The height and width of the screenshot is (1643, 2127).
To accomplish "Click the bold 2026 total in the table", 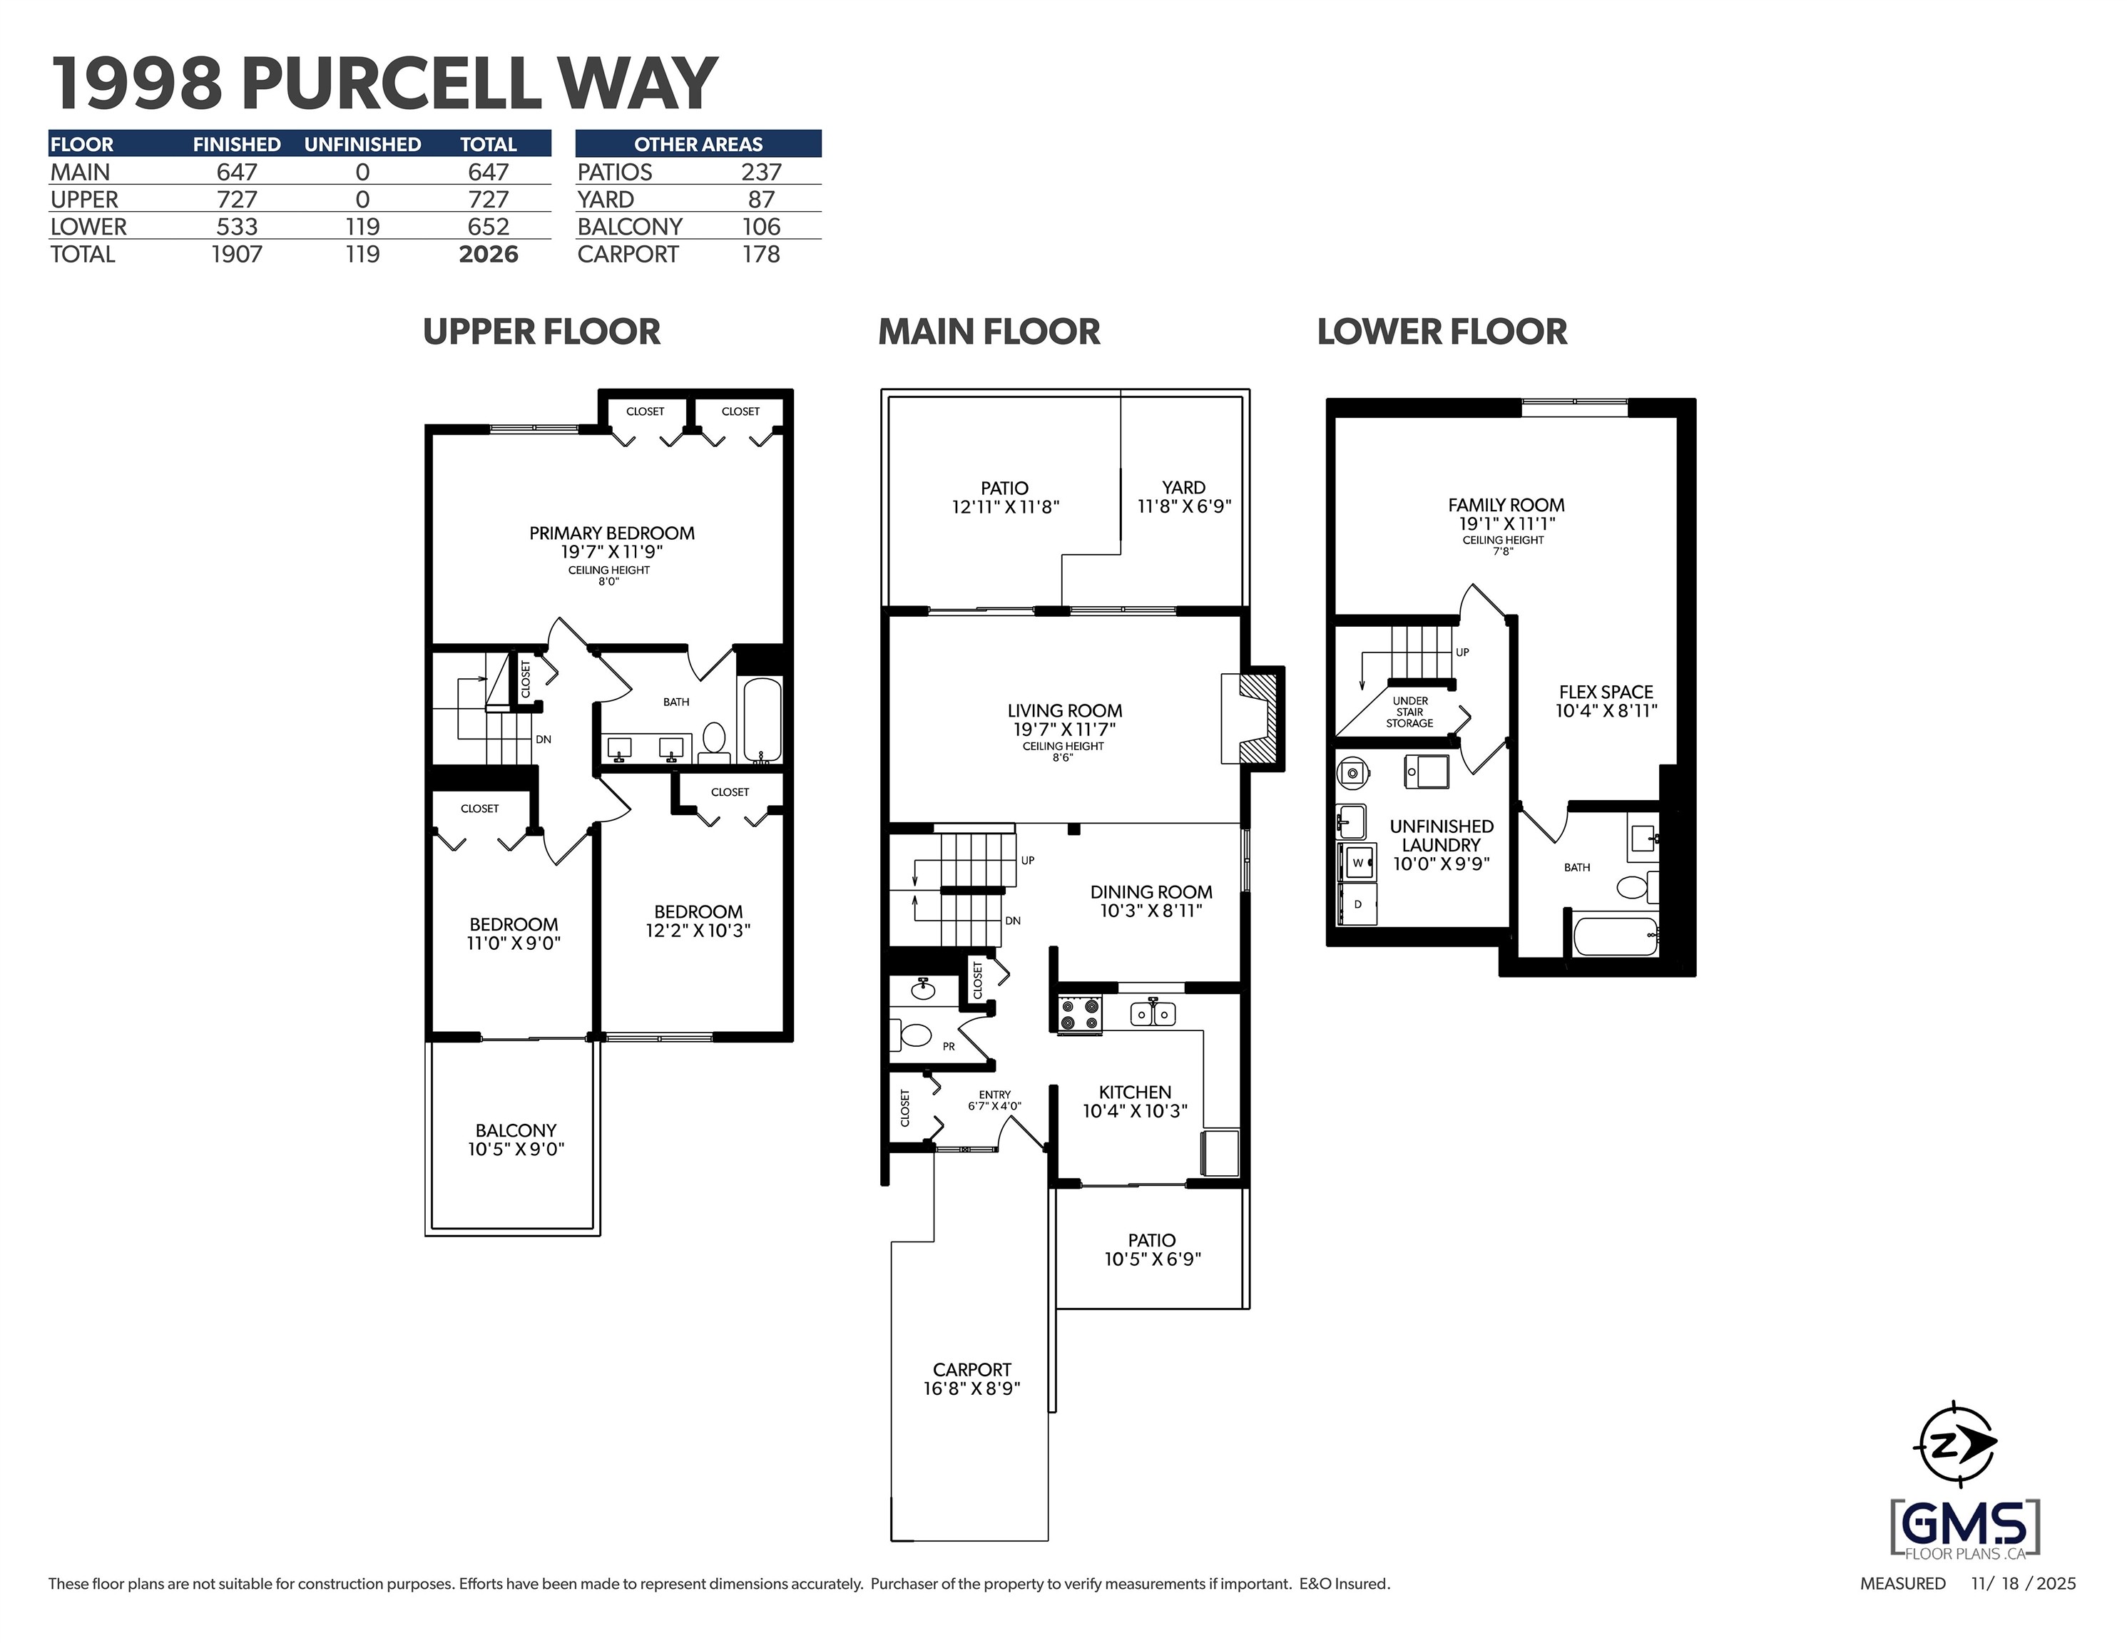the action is click(x=488, y=254).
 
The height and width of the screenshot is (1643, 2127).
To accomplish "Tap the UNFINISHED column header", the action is click(x=362, y=144).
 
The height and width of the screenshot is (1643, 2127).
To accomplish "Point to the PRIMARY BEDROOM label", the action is click(x=611, y=533).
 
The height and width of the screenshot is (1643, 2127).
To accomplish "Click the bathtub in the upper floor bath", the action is click(x=762, y=720).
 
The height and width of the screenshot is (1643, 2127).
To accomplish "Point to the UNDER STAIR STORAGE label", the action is click(x=1410, y=712).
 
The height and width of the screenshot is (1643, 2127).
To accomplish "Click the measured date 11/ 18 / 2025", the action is click(x=2024, y=1584).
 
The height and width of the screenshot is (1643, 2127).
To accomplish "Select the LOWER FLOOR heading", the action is click(x=1442, y=332).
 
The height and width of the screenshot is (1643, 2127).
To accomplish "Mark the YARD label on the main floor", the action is click(x=1183, y=487).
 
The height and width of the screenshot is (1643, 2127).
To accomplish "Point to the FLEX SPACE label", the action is click(x=1606, y=692).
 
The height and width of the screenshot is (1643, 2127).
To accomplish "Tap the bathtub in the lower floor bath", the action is click(x=1616, y=937).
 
